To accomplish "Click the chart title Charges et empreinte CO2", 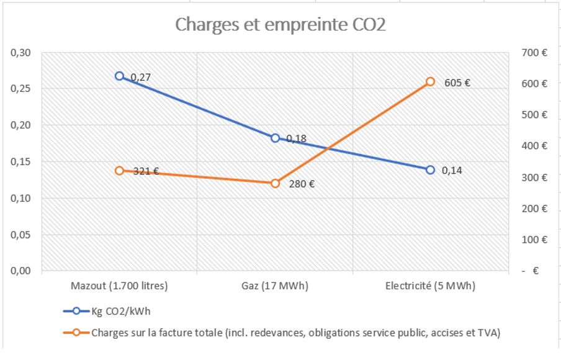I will (x=280, y=24).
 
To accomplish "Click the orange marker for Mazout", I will (x=119, y=171).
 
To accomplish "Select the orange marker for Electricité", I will (x=430, y=82).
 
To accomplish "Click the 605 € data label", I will (x=457, y=83).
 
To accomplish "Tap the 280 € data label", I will (x=302, y=184).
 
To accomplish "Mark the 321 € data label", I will (x=146, y=171).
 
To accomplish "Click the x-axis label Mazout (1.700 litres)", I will (x=119, y=286).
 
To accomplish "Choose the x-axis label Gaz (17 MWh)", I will (x=275, y=286).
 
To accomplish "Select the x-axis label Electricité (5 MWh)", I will (x=430, y=286).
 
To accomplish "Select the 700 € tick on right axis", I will (x=534, y=53).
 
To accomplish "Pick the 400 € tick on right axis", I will (x=534, y=146).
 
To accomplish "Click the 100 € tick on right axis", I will (x=534, y=240).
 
